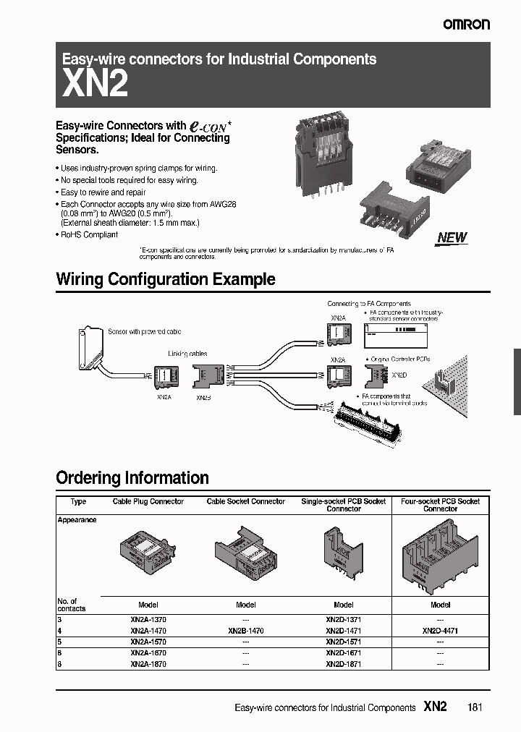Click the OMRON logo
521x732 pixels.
(467, 25)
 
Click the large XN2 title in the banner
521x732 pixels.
(96, 85)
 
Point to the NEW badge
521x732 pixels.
(452, 237)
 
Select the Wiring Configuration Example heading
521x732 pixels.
(165, 279)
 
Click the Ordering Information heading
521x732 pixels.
(132, 477)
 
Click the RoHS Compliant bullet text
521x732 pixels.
(89, 235)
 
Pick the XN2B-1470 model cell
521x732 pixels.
(246, 631)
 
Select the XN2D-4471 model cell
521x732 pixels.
(441, 631)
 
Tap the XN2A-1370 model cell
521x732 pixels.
(148, 620)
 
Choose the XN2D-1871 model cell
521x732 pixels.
(344, 664)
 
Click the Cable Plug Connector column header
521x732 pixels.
(148, 502)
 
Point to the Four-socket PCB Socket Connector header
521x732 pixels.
(441, 505)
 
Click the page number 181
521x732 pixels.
(475, 707)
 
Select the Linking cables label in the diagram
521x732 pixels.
(187, 354)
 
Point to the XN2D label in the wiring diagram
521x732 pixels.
(399, 376)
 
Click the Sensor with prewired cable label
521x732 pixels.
(144, 331)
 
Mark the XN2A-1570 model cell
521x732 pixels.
(148, 642)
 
